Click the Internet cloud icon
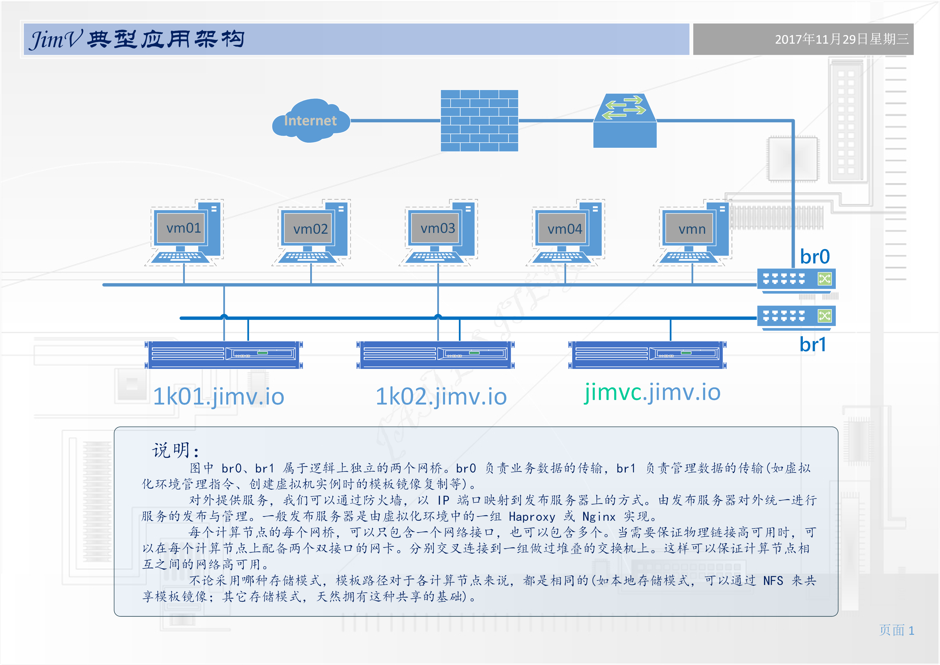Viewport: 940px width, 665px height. point(311,120)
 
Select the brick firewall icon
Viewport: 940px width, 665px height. point(480,121)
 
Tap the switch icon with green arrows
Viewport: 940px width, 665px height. point(625,120)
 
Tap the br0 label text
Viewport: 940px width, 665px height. point(815,257)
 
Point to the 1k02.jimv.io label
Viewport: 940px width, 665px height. point(441,396)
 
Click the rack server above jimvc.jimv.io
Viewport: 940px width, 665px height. point(647,355)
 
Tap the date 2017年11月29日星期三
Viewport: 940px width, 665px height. point(842,39)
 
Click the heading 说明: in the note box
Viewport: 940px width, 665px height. point(176,450)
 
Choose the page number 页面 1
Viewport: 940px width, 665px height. point(897,630)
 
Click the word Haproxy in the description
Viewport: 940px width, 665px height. point(532,517)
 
